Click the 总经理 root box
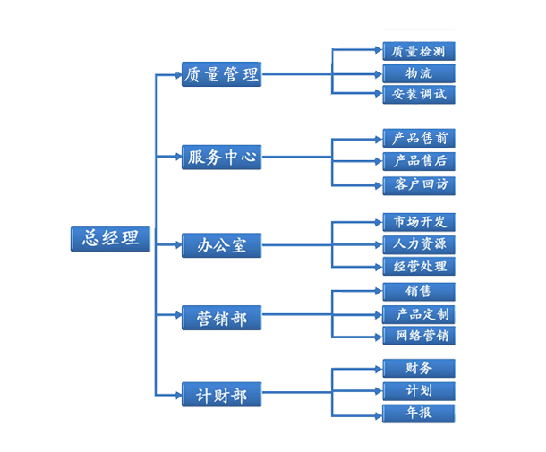(x=111, y=238)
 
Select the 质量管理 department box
(x=221, y=74)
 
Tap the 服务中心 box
(x=221, y=158)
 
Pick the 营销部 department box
(x=221, y=317)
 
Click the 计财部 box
(x=221, y=394)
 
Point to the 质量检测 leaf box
(x=419, y=51)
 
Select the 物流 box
(x=419, y=72)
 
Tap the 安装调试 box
(x=419, y=94)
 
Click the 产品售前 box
(x=419, y=139)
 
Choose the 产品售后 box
(x=419, y=161)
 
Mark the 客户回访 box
(x=419, y=184)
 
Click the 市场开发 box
(x=419, y=221)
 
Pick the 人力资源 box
(x=419, y=243)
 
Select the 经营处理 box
(x=419, y=266)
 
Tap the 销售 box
(x=419, y=292)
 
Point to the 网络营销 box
(x=419, y=337)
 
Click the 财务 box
(x=419, y=368)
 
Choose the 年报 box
(x=419, y=414)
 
